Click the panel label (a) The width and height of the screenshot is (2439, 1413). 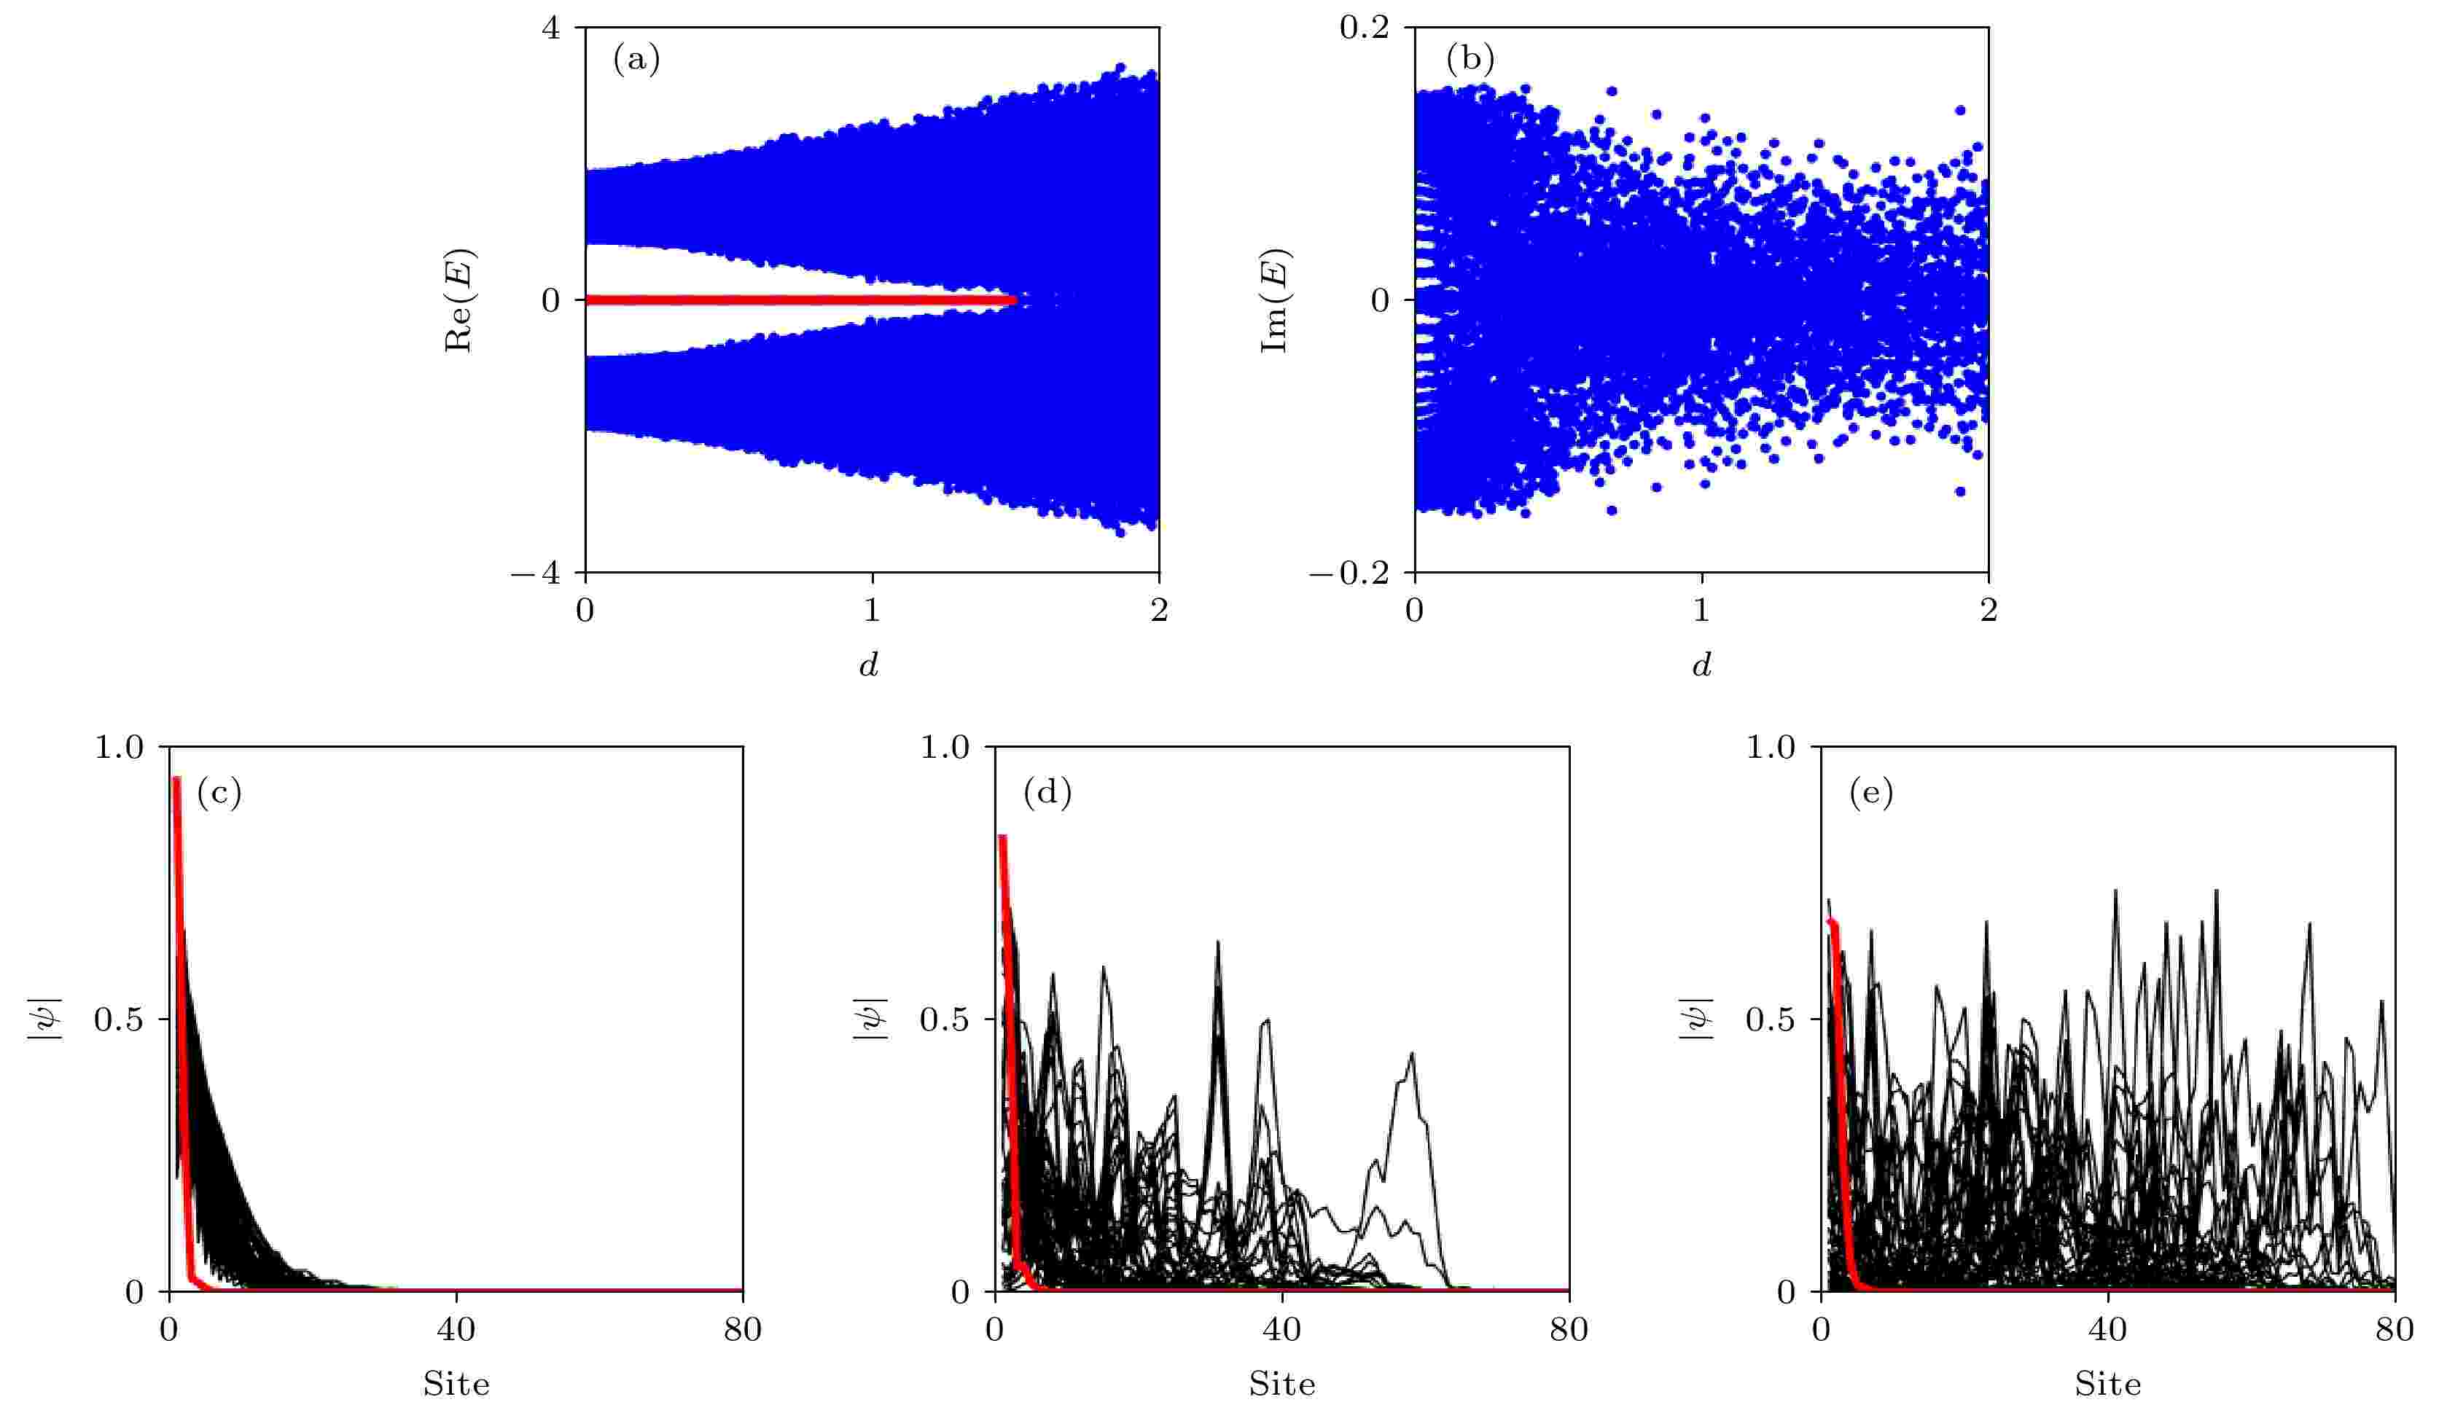636,60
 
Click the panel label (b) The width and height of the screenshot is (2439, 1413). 1470,60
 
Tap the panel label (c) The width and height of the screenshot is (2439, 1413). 219,793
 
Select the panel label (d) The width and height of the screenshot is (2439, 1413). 1047,793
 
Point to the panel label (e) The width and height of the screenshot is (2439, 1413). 1871,793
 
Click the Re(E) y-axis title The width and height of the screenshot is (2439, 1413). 458,300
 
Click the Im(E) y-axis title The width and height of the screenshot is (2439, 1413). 1275,300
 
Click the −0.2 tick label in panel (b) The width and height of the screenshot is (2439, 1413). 1349,573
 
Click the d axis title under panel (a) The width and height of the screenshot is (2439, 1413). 869,664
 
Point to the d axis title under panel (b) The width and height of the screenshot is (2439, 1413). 1701,664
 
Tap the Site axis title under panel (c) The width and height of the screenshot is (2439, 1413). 456,1384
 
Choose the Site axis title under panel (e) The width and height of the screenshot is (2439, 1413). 2107,1384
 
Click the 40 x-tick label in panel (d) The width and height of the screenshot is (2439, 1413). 1281,1328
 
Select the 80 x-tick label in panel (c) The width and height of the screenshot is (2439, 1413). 742,1328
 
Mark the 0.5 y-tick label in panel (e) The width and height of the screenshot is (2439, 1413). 1771,1019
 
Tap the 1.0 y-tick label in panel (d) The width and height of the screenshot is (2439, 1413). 944,747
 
